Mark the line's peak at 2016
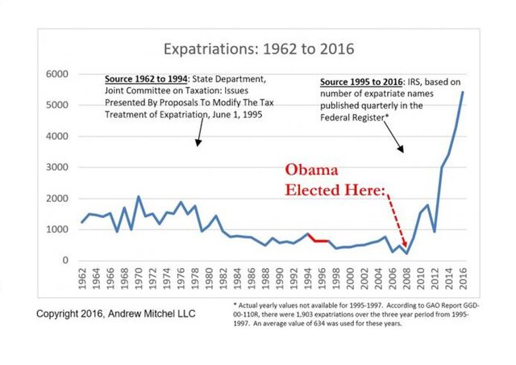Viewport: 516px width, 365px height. tap(463, 92)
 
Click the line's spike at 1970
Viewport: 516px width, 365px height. tap(139, 197)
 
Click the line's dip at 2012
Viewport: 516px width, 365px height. tap(436, 232)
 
